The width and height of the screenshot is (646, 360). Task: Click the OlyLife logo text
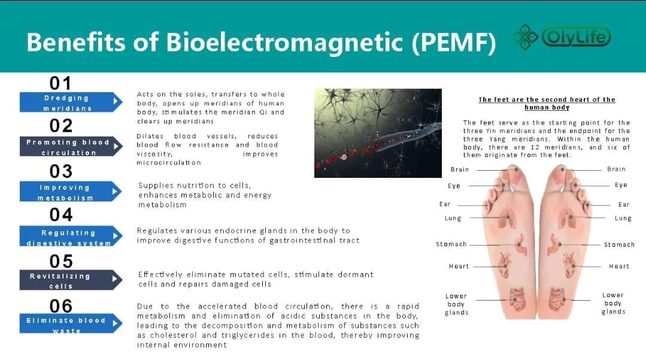[576, 37]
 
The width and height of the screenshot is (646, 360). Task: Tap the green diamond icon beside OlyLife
[525, 37]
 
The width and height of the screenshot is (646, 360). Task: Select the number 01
[60, 83]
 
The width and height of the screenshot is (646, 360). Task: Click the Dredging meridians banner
[71, 102]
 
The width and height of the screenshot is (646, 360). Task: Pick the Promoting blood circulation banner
[71, 146]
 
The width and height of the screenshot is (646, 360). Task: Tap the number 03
[61, 171]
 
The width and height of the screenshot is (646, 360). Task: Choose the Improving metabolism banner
[71, 191]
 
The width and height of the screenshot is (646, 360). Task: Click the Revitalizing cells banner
[71, 280]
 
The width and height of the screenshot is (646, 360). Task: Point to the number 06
[61, 306]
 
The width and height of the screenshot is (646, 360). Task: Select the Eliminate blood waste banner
[71, 323]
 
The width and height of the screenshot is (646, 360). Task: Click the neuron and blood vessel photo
[378, 133]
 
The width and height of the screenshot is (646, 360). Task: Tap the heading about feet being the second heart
[547, 103]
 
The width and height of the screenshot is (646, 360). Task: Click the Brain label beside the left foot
[460, 170]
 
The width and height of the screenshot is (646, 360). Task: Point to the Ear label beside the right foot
[624, 204]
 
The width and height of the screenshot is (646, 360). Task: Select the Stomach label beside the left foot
[451, 244]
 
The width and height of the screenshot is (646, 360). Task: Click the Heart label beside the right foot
[619, 267]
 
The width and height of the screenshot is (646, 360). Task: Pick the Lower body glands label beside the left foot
[456, 304]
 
